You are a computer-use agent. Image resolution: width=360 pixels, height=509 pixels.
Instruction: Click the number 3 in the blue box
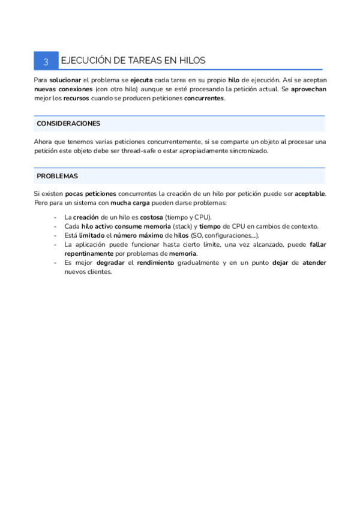point(46,61)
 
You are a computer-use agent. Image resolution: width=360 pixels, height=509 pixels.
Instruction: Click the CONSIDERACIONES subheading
point(68,124)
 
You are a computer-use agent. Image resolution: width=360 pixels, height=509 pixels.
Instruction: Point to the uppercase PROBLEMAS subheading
point(57,176)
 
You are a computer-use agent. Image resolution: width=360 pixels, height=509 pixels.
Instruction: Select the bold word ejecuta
point(142,80)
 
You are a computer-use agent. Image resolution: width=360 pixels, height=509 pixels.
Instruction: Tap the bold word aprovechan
point(307,89)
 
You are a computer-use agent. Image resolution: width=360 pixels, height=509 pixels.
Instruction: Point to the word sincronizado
point(250,151)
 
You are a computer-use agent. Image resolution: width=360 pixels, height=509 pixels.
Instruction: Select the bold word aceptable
point(310,194)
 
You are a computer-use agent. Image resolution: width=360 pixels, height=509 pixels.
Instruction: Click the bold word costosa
point(152,217)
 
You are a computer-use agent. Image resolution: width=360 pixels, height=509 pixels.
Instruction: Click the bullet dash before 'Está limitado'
point(56,235)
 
